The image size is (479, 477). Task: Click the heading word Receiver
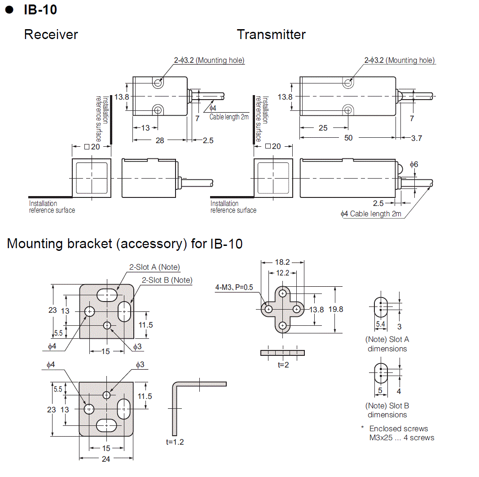click(51, 35)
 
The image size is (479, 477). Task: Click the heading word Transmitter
click(271, 35)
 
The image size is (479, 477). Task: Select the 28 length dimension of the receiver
click(160, 140)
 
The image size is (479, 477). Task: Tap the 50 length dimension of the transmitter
click(348, 138)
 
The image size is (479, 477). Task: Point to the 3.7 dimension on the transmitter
click(417, 138)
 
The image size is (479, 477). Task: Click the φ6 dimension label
click(414, 165)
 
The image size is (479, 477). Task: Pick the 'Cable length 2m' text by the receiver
click(229, 117)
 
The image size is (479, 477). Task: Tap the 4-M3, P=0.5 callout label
click(234, 287)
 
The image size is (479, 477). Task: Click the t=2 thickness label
click(283, 365)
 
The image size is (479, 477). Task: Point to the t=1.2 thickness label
click(175, 442)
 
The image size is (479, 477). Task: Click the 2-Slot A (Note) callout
click(154, 267)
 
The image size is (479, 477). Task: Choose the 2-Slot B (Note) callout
click(167, 280)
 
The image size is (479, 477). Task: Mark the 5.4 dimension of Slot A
click(380, 323)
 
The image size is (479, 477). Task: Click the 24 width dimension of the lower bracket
click(106, 459)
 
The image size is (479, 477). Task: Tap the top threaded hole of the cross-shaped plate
click(282, 293)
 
